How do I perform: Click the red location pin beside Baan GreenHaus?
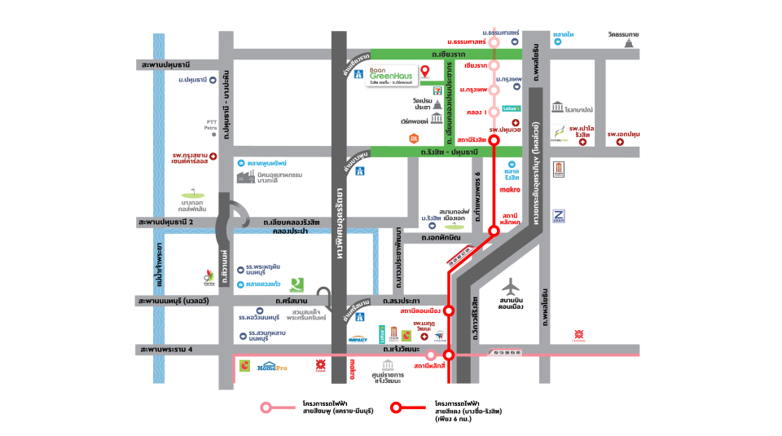[x=424, y=72]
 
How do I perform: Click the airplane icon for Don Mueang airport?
[x=512, y=288]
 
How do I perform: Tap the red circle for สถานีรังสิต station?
[x=494, y=140]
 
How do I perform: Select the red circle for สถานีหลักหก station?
[x=494, y=231]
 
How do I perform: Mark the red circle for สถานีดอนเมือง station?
[x=448, y=310]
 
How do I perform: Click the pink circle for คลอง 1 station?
[x=494, y=112]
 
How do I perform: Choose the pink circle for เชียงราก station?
[x=494, y=65]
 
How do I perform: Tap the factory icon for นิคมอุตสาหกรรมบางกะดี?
[x=244, y=177]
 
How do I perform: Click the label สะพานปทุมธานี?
[x=168, y=63]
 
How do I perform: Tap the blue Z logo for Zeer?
[x=559, y=215]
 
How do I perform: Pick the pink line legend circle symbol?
[x=266, y=407]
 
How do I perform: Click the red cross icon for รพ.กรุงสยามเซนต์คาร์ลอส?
[x=213, y=155]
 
